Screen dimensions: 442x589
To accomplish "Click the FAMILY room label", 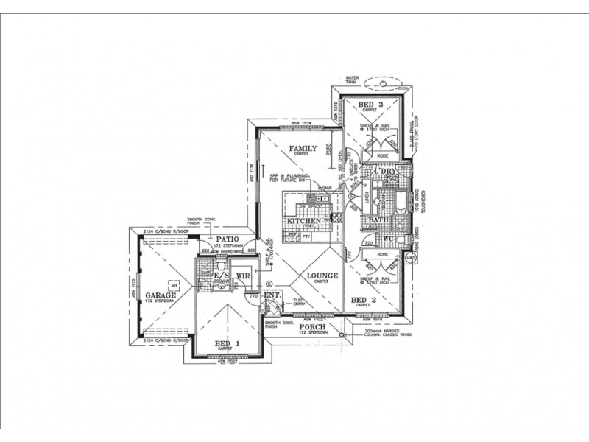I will (302, 149).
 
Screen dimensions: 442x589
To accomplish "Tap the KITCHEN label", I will (304, 221).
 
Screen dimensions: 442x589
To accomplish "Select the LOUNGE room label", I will (323, 276).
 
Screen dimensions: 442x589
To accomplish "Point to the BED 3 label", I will (371, 105).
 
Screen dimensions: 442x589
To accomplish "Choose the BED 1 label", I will (227, 343).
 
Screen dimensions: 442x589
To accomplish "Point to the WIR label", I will (243, 276).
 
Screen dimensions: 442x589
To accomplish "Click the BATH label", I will (378, 220).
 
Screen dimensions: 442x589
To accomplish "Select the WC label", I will (388, 239).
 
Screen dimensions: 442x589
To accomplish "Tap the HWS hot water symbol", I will (411, 258).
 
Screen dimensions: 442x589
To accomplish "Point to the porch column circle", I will (342, 334).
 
